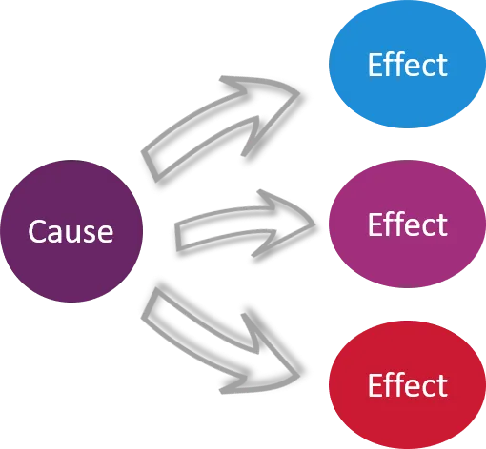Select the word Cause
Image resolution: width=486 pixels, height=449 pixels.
click(x=71, y=231)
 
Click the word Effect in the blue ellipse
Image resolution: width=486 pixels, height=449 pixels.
click(x=407, y=66)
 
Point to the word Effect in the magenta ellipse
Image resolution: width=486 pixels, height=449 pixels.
click(x=407, y=226)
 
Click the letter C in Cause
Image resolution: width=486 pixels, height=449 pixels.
click(x=36, y=231)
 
